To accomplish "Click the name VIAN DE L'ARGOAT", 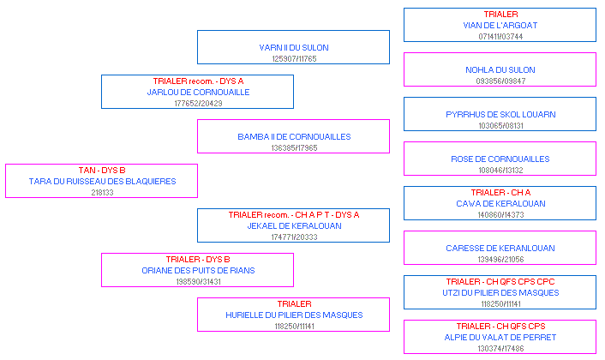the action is pos(500,26).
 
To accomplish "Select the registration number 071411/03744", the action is pos(500,37).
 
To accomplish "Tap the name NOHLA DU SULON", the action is pos(500,69).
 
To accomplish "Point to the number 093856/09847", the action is pos(500,81).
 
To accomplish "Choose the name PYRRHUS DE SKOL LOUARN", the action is pos(500,115).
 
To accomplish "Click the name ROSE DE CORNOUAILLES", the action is pos(500,159).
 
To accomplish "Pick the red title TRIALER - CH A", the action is pos(500,193).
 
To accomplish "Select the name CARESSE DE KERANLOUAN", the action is pos(500,248).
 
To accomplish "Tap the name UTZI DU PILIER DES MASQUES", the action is pos(500,293).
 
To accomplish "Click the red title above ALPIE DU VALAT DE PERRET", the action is pos(500,326).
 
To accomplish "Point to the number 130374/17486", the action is pos(500,349).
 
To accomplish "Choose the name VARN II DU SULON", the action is pos(294,48).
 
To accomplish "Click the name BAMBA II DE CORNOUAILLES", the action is pos(294,137).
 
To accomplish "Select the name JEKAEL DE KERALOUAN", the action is pos(294,226).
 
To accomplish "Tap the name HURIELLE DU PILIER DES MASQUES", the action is pos(294,315).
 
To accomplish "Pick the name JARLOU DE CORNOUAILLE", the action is pos(198,93).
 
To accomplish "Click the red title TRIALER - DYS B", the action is pos(198,260).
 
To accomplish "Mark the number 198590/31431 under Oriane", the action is pos(198,282).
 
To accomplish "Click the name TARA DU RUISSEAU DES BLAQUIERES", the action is pos(102,182).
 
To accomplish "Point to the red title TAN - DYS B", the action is pos(102,171).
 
